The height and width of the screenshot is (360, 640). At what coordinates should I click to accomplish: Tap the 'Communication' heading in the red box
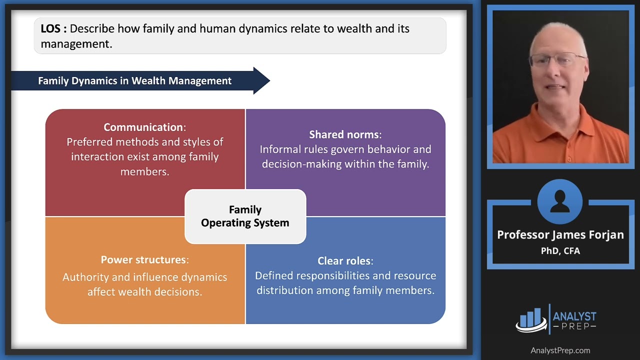[143, 127]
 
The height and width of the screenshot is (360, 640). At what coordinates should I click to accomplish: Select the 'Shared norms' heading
[344, 134]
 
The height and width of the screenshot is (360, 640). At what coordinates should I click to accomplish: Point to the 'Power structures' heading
[143, 259]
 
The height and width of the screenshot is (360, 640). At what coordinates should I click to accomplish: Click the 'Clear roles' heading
[344, 260]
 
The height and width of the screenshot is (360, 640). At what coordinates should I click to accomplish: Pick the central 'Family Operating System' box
[245, 216]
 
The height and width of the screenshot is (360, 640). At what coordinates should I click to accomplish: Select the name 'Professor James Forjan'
[560, 235]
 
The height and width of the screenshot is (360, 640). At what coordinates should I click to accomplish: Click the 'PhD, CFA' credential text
[560, 251]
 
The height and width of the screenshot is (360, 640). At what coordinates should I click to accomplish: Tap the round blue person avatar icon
[560, 201]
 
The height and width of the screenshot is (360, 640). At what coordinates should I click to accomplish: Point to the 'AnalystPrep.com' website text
[560, 350]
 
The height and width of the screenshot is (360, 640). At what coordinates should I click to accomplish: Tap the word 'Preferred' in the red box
[89, 142]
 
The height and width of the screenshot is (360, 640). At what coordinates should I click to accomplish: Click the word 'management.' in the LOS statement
[76, 44]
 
